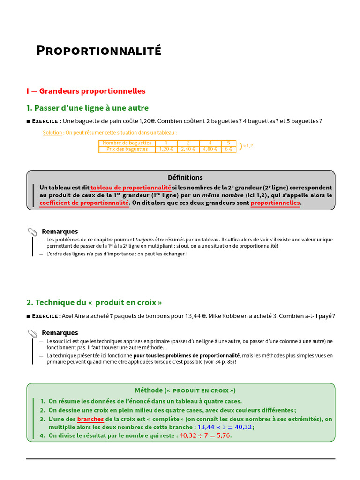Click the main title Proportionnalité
pyautogui.click(x=99, y=51)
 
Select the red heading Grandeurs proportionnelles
pyautogui.click(x=92, y=91)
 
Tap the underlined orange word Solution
pyautogui.click(x=52, y=133)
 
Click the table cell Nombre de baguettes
pyautogui.click(x=127, y=143)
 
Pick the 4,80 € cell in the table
pyautogui.click(x=210, y=150)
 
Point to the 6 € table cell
pyautogui.click(x=229, y=150)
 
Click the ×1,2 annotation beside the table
pyautogui.click(x=247, y=146)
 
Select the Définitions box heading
pyautogui.click(x=185, y=178)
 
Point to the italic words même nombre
pyautogui.click(x=223, y=195)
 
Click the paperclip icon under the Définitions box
pyautogui.click(x=32, y=232)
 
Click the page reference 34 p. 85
pyautogui.click(x=218, y=362)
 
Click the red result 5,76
pyautogui.click(x=224, y=435)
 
